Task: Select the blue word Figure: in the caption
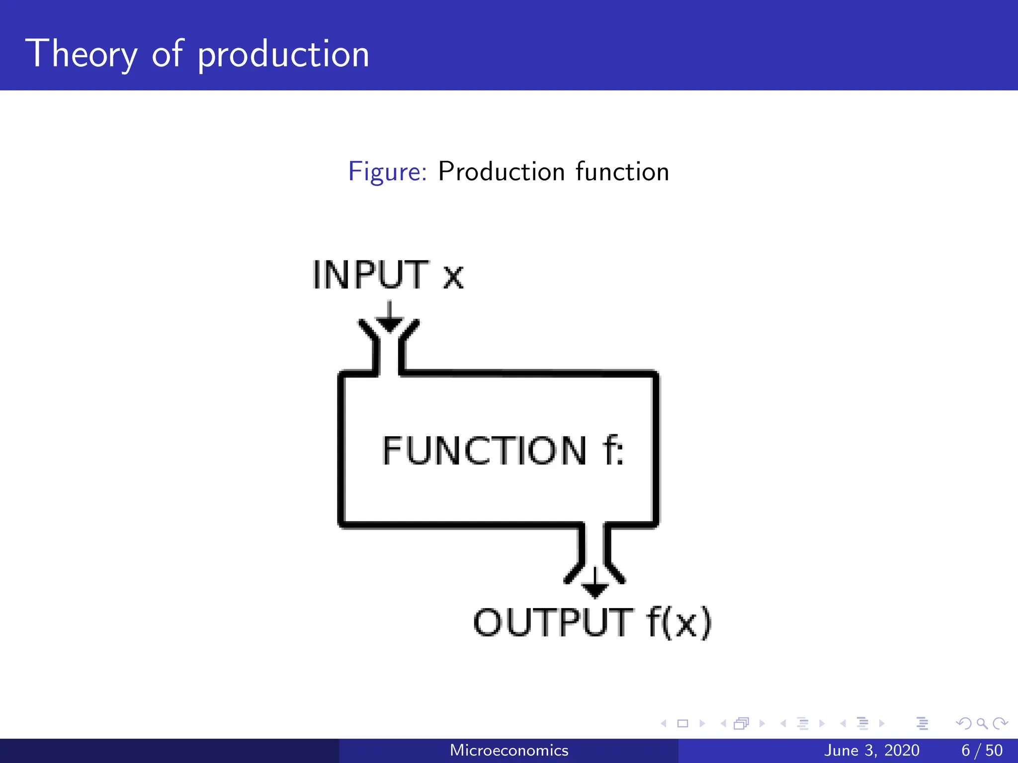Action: pos(387,172)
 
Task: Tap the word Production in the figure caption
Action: pos(501,172)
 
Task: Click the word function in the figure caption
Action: pos(622,172)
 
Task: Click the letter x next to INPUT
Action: pos(453,277)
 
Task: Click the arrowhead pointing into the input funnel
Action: pos(389,324)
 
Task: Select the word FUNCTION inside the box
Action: pos(485,451)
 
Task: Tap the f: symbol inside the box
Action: pos(613,451)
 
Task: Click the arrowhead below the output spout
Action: pos(595,590)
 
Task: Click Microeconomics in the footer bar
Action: pos(509,750)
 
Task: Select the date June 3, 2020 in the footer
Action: pos(871,750)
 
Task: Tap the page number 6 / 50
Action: pos(982,750)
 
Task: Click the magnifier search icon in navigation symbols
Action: pos(982,723)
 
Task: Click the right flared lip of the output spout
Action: pos(616,573)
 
